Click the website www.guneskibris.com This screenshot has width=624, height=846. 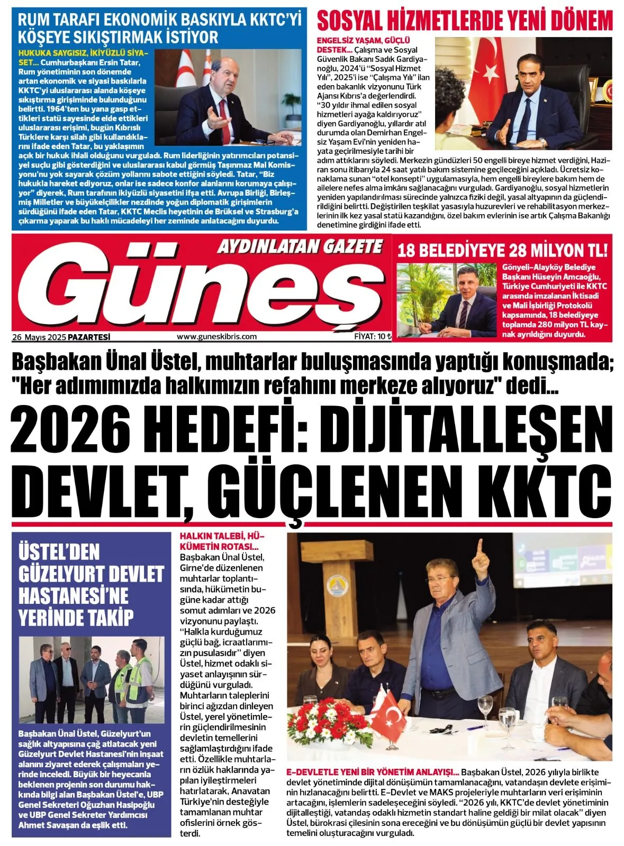click(x=216, y=336)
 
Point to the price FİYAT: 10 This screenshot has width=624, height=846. click(x=372, y=336)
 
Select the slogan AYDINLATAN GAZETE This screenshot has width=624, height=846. click(x=300, y=246)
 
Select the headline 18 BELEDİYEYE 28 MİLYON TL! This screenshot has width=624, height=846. click(x=502, y=250)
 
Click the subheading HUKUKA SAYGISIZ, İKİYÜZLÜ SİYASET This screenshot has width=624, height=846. click(x=84, y=57)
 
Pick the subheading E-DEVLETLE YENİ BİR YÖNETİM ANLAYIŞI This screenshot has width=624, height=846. click(x=373, y=771)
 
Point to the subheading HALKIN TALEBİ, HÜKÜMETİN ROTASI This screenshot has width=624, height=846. click(x=221, y=540)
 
